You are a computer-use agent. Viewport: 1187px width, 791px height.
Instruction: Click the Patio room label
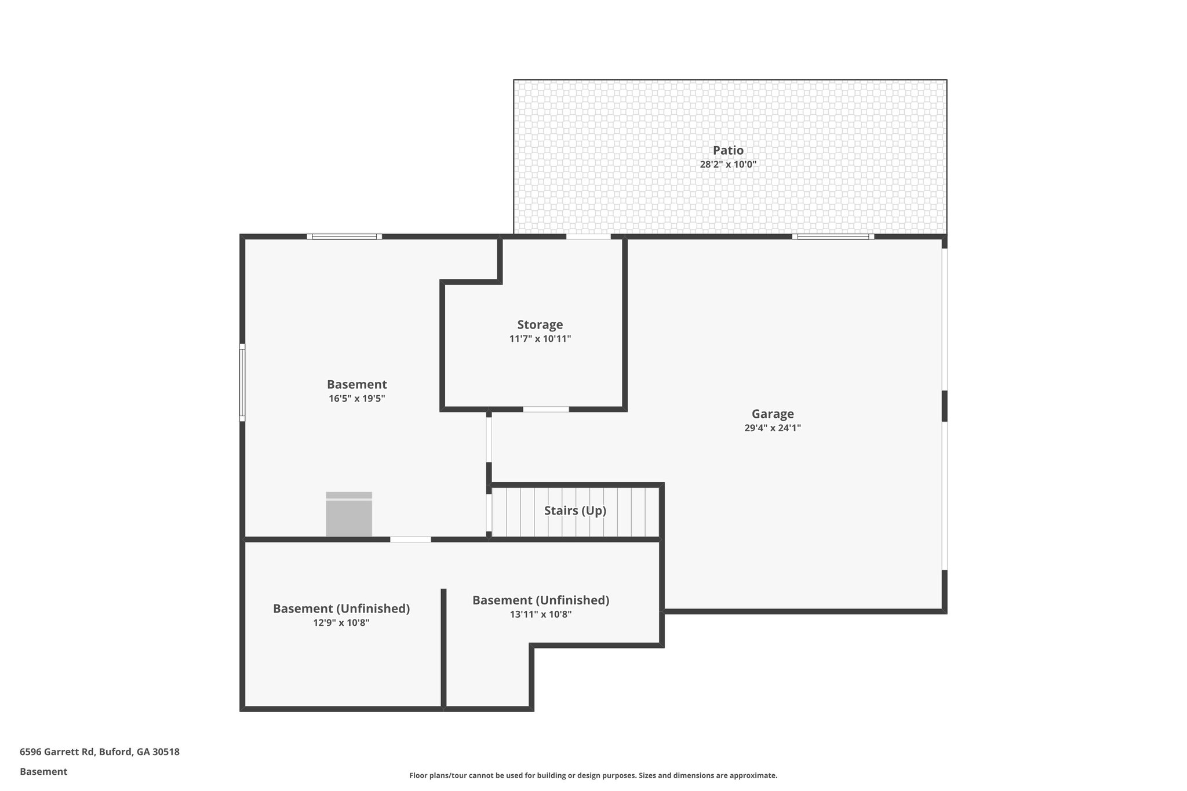[x=728, y=151]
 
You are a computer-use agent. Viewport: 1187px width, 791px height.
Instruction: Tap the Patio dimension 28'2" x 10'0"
[x=728, y=165]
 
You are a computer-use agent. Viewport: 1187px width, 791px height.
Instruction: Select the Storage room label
[x=540, y=325]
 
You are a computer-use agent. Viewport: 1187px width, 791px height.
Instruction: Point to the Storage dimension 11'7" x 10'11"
[x=540, y=339]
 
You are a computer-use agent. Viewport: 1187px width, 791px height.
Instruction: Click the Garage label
[x=773, y=414]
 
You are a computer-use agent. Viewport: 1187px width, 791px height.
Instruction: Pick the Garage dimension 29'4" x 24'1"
[x=773, y=428]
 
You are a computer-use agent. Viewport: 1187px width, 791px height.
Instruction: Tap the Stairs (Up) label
[x=575, y=511]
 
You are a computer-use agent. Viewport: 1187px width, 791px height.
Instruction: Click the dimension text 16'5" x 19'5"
[x=356, y=399]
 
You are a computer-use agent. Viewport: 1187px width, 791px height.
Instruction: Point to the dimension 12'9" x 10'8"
[x=341, y=623]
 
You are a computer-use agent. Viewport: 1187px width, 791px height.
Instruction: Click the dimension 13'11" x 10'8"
[x=540, y=614]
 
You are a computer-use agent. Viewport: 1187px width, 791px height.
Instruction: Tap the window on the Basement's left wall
[x=242, y=382]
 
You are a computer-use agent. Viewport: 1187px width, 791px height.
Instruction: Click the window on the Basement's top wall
[x=344, y=236]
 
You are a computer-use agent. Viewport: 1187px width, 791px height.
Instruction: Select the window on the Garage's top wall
[x=833, y=236]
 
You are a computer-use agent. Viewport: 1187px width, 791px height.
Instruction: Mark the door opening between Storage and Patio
[x=588, y=236]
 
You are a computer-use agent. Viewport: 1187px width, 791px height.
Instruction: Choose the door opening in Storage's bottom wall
[x=546, y=409]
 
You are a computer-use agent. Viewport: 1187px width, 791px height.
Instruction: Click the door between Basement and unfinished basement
[x=410, y=540]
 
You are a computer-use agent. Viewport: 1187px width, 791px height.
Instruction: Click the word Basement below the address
[x=43, y=772]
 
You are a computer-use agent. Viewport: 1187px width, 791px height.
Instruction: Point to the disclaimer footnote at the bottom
[x=593, y=775]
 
